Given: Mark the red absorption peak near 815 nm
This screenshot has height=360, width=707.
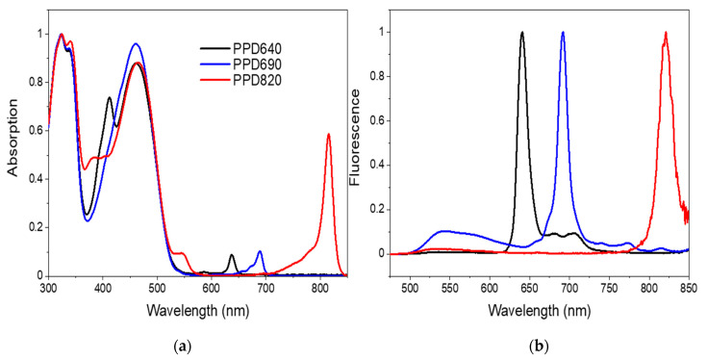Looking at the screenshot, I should pyautogui.click(x=328, y=135).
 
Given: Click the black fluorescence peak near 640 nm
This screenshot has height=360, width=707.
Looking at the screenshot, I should pyautogui.click(x=522, y=33).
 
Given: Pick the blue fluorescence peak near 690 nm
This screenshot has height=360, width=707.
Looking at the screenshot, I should pyautogui.click(x=563, y=33).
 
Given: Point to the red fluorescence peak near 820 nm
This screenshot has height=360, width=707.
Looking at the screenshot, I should pyautogui.click(x=666, y=33).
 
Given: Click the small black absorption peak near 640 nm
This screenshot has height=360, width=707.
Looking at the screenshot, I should pyautogui.click(x=232, y=255).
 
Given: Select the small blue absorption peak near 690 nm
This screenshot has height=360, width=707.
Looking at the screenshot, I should pyautogui.click(x=260, y=251).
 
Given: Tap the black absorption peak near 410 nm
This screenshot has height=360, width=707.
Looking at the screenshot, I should pyautogui.click(x=109, y=98).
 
